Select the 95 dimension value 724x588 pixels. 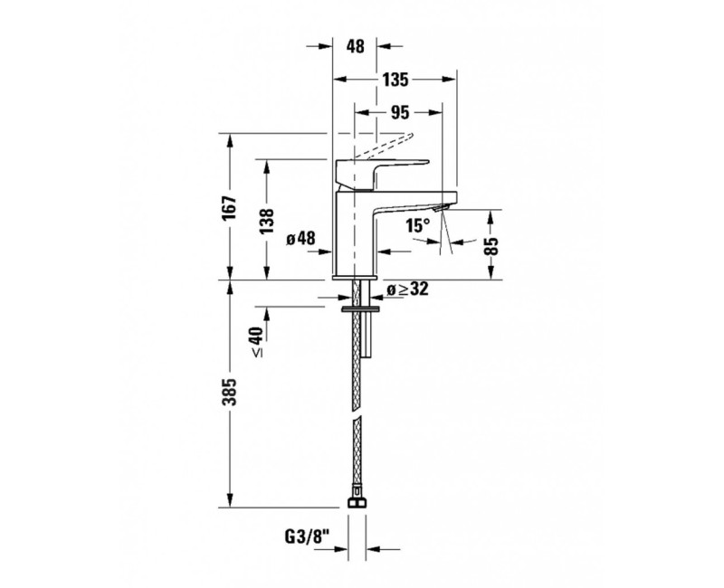(x=400, y=112)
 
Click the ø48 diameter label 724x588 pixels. (x=300, y=239)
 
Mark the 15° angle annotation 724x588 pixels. (x=417, y=227)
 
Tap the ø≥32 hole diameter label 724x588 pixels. (x=406, y=289)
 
